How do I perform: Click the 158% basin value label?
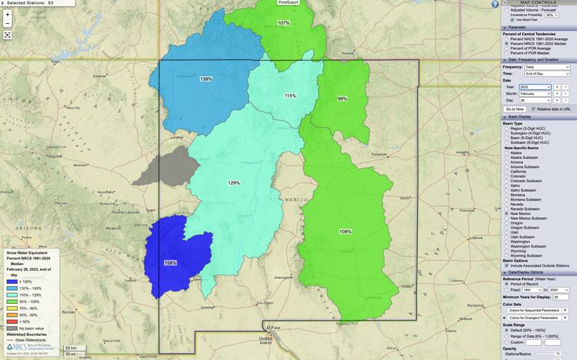click(170, 263)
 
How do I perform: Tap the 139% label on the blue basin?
click(206, 79)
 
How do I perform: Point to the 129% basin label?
click(234, 183)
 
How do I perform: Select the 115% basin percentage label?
click(290, 96)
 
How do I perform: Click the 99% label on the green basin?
click(342, 98)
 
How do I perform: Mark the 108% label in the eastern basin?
click(345, 231)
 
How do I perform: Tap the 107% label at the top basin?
click(283, 23)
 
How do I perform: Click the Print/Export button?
click(288, 3)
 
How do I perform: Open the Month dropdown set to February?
click(535, 93)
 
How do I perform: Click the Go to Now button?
click(515, 109)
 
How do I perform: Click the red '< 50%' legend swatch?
click(12, 321)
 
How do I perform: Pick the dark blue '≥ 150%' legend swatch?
click(12, 282)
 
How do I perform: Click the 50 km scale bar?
click(70, 347)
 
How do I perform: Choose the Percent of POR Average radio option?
click(507, 48)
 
